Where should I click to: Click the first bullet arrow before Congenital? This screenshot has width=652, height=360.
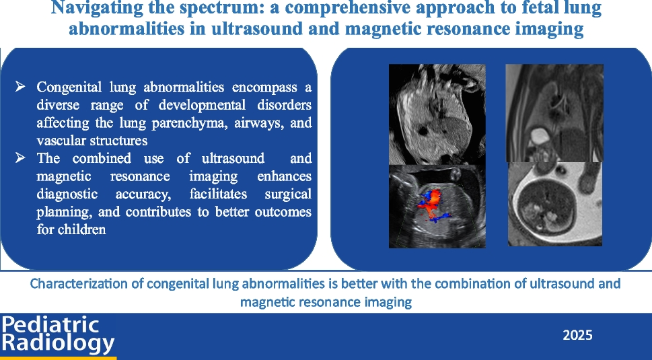(21, 87)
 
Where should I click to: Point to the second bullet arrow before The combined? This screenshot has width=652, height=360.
(21, 158)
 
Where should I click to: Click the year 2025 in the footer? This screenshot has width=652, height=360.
(577, 334)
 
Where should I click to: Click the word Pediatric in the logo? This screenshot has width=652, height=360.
(50, 324)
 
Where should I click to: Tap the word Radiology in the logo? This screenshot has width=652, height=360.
(58, 343)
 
